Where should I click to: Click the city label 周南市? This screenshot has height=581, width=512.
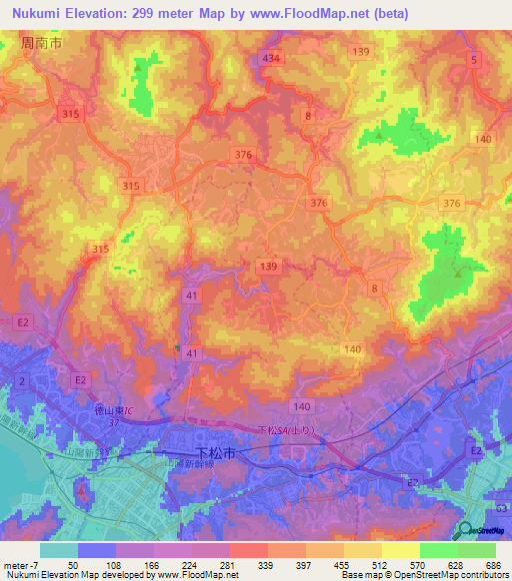(39, 45)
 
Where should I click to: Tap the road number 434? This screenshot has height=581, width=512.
(270, 59)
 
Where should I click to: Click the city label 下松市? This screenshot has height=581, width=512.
(216, 452)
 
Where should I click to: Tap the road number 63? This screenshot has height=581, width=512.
(501, 508)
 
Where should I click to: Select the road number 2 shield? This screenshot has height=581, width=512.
(19, 381)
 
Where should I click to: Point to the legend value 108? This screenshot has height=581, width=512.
(116, 564)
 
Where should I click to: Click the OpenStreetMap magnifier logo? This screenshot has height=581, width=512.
(467, 531)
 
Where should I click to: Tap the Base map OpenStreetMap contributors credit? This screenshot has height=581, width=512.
(424, 575)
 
